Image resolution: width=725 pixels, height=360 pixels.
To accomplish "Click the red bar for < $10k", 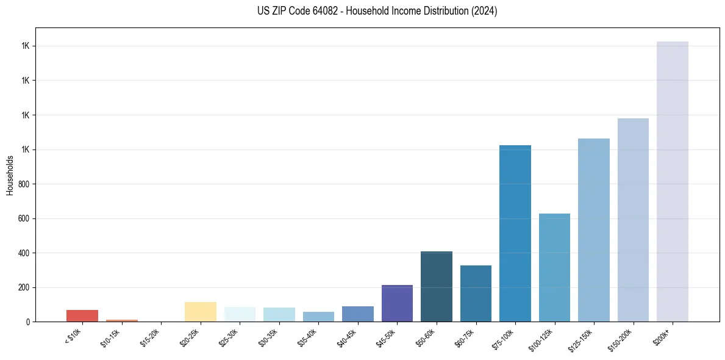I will (82, 315).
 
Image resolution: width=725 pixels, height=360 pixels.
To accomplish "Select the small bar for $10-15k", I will (122, 320).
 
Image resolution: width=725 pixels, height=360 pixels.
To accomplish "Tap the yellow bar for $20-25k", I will (201, 312).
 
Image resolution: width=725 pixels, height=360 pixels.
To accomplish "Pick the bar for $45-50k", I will (398, 303).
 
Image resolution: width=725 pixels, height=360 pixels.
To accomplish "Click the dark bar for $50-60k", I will (437, 286).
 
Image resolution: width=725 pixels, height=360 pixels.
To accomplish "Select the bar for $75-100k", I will (515, 233).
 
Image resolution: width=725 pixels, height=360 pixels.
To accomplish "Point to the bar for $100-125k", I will (554, 267).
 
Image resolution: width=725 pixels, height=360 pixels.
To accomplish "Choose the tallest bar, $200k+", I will (673, 181).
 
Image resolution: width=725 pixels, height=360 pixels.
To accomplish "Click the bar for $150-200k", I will (633, 220).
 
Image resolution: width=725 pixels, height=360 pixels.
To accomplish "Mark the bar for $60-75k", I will (476, 293).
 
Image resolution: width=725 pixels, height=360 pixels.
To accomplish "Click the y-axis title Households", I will (10, 175).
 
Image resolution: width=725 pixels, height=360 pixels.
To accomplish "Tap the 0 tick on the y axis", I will (27, 322).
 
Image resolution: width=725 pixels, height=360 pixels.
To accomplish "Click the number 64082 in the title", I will (324, 11).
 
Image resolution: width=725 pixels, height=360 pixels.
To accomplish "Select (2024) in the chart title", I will (485, 11).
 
